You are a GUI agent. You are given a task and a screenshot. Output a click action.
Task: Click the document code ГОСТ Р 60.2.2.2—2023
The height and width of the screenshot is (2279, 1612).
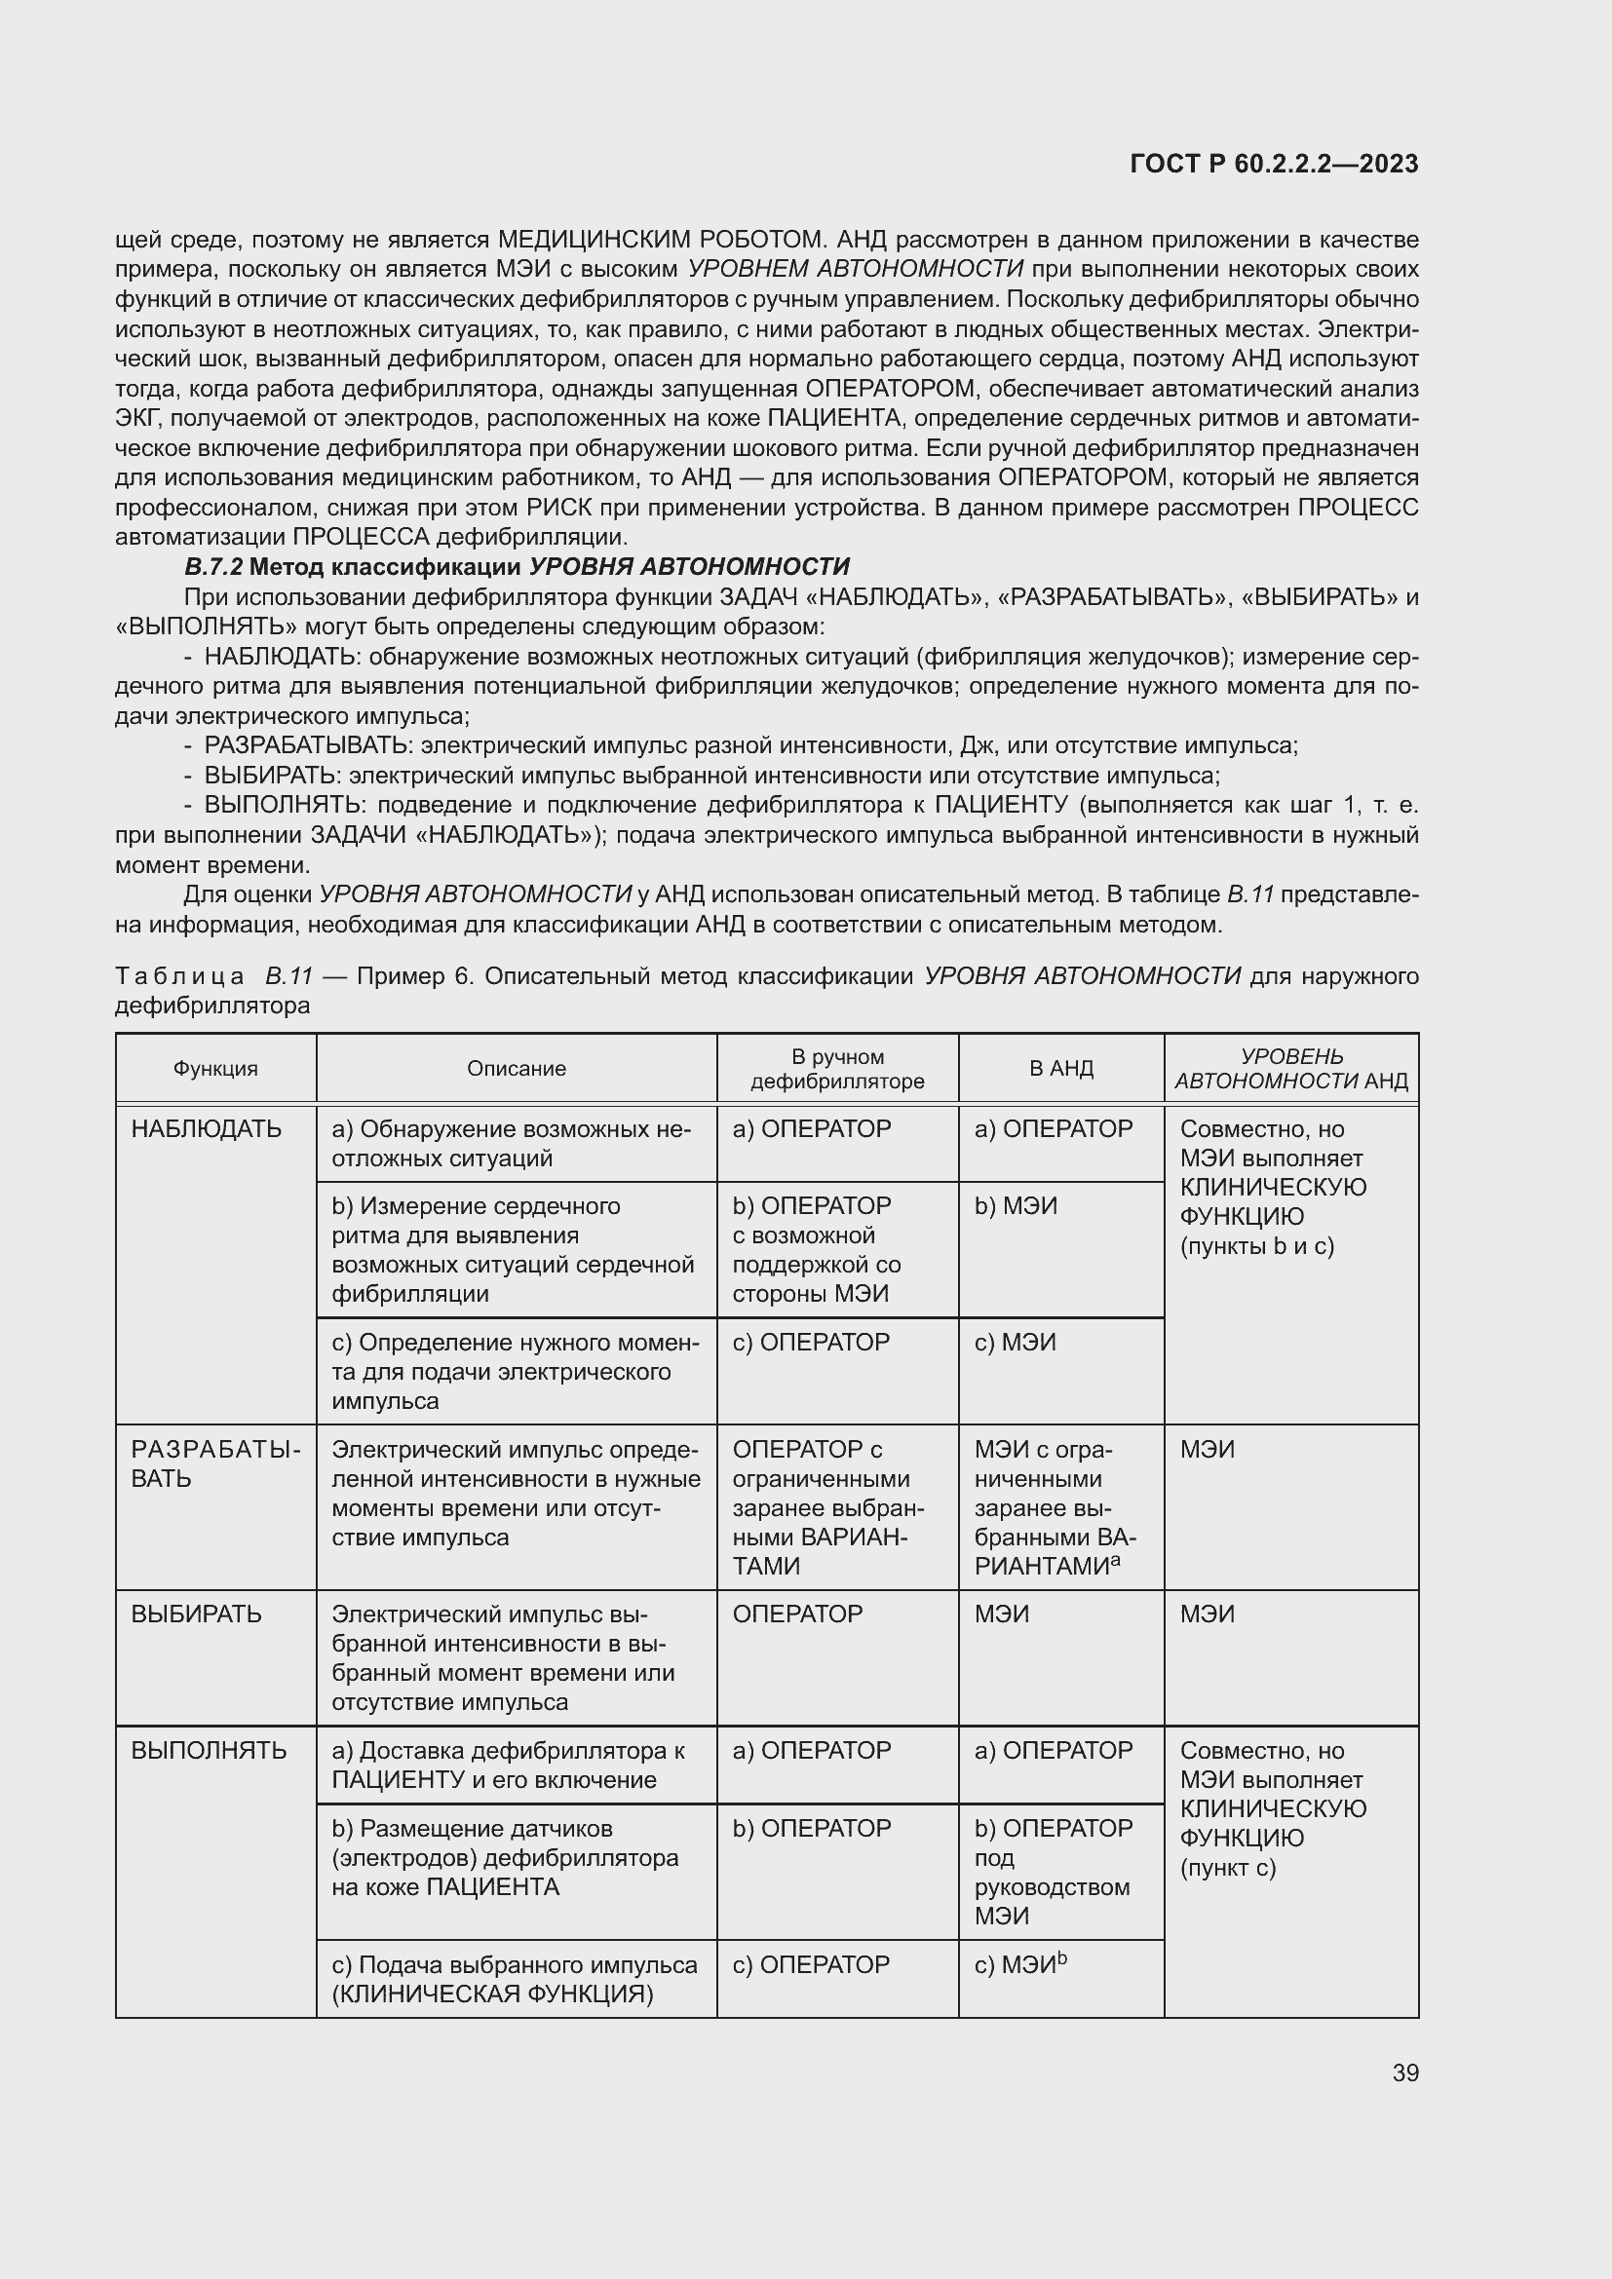pos(1274,165)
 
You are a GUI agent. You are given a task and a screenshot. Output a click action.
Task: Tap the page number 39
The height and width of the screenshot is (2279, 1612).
pos(1404,2072)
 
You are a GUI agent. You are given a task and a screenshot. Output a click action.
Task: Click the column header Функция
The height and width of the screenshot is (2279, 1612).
pos(215,1068)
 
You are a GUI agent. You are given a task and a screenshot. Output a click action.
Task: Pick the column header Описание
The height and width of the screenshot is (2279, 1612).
pos(517,1068)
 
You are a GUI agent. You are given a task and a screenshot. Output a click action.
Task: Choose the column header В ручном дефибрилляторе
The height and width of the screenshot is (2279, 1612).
pos(837,1068)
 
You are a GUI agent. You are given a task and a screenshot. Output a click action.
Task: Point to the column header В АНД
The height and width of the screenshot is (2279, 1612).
pos(1060,1068)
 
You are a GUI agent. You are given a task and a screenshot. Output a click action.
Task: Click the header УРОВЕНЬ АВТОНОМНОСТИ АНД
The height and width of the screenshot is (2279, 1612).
pos(1290,1068)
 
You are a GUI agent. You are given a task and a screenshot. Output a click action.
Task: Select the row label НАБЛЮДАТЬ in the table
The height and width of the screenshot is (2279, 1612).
pos(207,1128)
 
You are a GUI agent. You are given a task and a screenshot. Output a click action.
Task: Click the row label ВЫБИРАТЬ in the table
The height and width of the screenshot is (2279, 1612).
pos(197,1614)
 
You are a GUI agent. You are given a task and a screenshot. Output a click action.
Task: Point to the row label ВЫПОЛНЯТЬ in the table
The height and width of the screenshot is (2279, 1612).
pos(209,1750)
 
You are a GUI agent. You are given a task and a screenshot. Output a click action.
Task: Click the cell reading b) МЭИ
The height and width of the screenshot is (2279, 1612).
pos(1016,1206)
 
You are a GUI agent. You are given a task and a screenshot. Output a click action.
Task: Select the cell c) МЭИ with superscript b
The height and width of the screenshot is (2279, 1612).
pos(1019,1964)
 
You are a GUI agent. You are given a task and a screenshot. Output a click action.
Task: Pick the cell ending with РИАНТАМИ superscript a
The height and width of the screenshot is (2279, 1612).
pos(1055,1507)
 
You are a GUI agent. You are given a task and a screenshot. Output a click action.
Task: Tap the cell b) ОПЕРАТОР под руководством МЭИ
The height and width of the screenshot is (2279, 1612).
pos(1053,1871)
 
